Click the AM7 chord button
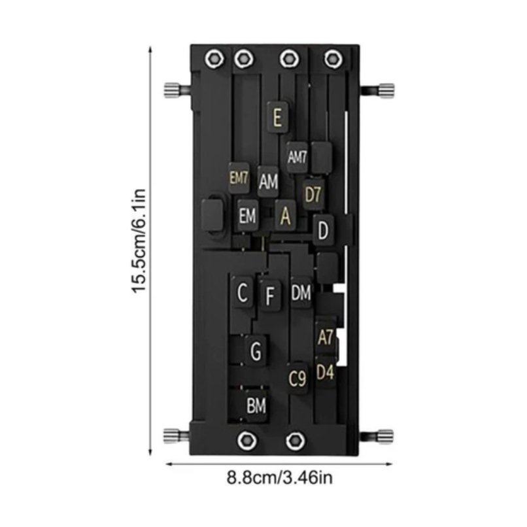(297, 157)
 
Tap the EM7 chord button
(239, 178)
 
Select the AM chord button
(268, 182)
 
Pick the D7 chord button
(313, 194)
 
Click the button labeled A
(285, 215)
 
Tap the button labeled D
(323, 230)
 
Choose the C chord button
(243, 292)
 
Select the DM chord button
(301, 292)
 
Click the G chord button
(256, 351)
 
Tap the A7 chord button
(326, 337)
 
